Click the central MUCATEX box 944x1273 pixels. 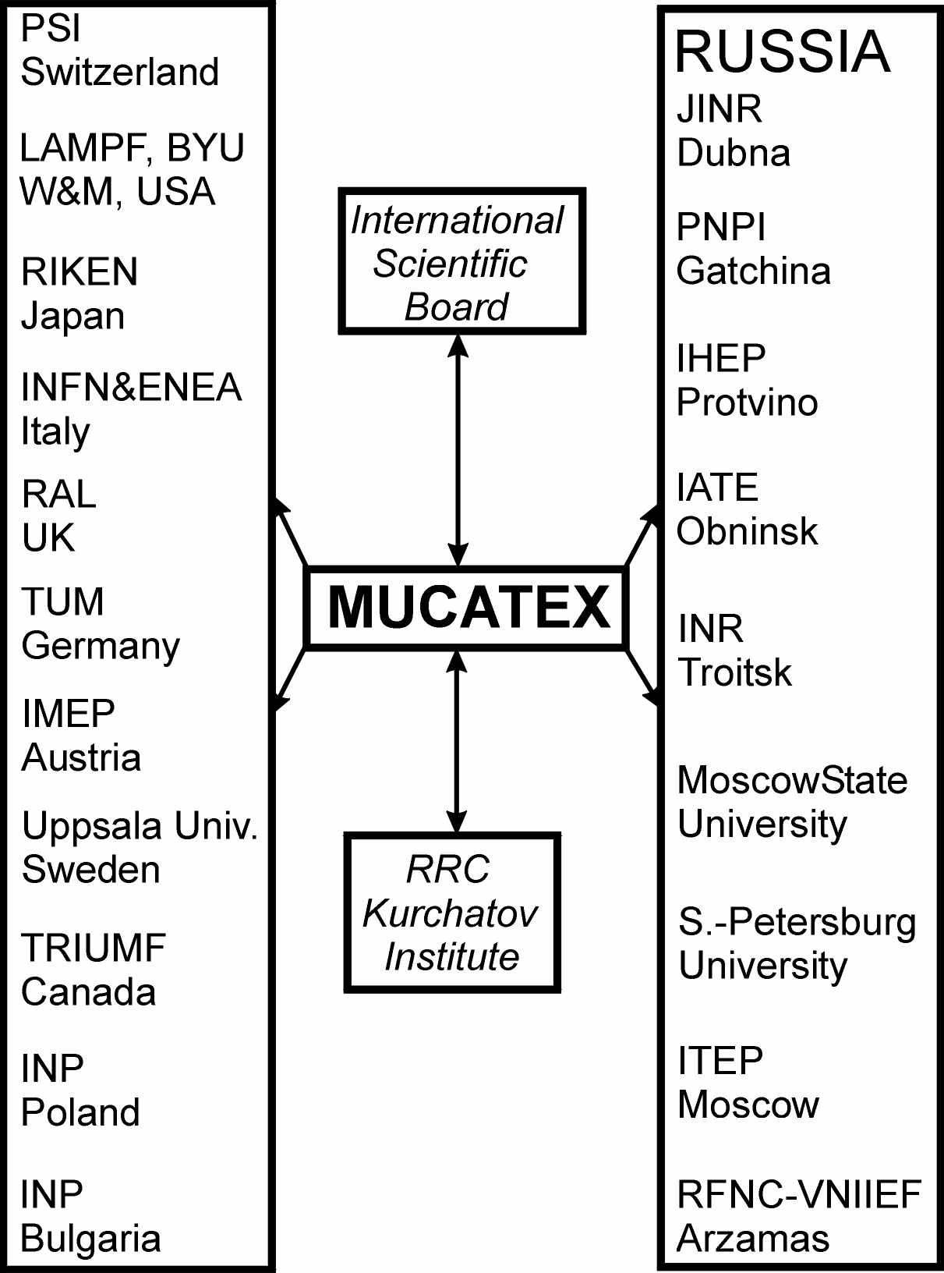point(468,608)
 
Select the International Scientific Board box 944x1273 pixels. point(461,262)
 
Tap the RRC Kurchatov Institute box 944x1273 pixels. point(452,913)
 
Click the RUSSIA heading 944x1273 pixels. point(782,51)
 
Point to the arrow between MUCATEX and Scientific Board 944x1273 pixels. point(458,450)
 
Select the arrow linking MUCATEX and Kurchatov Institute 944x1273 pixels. point(457,741)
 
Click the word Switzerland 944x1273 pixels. point(120,72)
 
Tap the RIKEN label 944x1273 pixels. point(80,272)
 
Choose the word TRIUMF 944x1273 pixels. point(94,948)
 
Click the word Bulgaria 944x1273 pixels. point(90,1239)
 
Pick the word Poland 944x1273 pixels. point(80,1112)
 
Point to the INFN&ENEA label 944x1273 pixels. point(131,388)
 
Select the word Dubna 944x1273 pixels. point(734,153)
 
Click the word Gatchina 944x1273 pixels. point(753,271)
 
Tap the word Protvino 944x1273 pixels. point(747,402)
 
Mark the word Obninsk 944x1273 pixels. point(747,532)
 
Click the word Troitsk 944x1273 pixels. point(734,672)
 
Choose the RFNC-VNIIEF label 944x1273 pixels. point(799,1195)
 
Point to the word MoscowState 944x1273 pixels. point(792,780)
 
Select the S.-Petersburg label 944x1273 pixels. point(797,922)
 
